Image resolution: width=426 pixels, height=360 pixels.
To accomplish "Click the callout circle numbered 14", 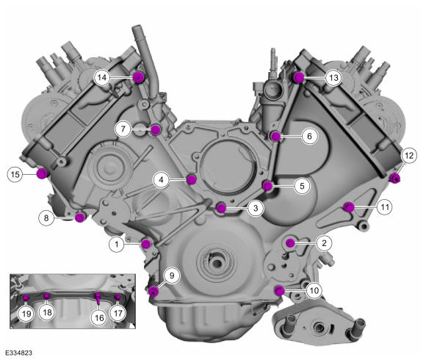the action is pyautogui.click(x=102, y=78).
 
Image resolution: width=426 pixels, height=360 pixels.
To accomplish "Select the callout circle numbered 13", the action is pyautogui.click(x=333, y=78).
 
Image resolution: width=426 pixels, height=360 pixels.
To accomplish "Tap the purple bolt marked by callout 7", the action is pyautogui.click(x=156, y=130).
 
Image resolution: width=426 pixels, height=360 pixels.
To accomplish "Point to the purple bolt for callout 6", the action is pyautogui.click(x=275, y=136).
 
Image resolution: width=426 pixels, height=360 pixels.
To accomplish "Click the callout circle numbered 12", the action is pyautogui.click(x=409, y=156).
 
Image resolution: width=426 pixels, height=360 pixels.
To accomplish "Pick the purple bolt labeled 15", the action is pyautogui.click(x=42, y=173).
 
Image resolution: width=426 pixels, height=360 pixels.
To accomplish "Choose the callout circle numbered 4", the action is pyautogui.click(x=161, y=179).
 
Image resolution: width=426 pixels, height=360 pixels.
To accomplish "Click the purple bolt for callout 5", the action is pyautogui.click(x=267, y=186).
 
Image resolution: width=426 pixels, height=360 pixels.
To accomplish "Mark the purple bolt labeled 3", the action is pyautogui.click(x=221, y=208).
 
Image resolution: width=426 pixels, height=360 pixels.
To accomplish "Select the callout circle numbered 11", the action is pyautogui.click(x=385, y=207).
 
